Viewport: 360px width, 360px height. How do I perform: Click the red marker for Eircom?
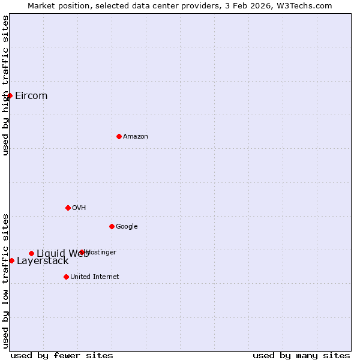10,95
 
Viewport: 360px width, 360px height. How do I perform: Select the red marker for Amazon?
119,136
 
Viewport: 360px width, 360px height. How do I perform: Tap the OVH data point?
68,208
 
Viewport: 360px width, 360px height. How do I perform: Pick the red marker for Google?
112,226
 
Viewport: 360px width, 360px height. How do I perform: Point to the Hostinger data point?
82,253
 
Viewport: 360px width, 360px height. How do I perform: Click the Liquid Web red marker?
31,253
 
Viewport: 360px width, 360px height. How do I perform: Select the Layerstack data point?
11,260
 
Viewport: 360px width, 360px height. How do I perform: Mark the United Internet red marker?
66,277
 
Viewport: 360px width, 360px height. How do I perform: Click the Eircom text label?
31,96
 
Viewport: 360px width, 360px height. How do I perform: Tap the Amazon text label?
136,137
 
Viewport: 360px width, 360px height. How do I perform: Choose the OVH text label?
79,208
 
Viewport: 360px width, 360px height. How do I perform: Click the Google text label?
127,227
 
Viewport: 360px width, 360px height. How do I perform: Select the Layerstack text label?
43,261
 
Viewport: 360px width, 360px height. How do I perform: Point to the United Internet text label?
95,277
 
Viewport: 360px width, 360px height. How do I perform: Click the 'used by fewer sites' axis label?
62,356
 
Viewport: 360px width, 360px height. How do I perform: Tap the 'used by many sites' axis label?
301,356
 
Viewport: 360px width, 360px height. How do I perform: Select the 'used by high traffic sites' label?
6,85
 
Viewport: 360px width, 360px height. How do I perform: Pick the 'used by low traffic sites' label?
6,280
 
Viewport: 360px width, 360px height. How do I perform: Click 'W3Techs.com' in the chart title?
310,5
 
